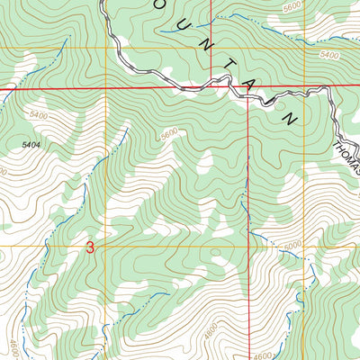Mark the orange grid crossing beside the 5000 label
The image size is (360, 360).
248,244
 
